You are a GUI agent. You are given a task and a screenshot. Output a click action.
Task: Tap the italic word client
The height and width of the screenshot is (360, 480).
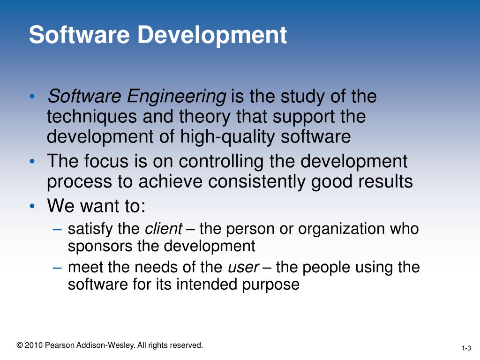coord(164,229)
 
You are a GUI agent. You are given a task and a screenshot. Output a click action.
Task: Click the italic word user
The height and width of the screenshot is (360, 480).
coord(243,268)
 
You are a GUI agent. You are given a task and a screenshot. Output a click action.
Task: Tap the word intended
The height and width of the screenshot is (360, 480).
coord(205,284)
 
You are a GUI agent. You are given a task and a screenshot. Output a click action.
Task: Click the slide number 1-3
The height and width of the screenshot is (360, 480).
coord(466,348)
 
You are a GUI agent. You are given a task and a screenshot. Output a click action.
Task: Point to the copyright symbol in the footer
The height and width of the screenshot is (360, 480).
coord(19,345)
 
